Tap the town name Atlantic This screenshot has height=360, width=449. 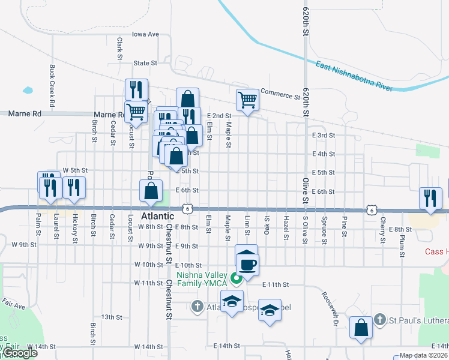[x=157, y=215]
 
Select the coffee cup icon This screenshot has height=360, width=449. [x=247, y=263]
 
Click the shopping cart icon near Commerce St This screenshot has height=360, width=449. [x=247, y=100]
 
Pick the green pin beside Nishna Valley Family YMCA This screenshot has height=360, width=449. [x=237, y=278]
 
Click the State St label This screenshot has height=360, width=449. [x=145, y=62]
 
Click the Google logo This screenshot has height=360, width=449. [x=19, y=353]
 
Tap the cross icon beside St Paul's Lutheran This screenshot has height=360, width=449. [x=379, y=319]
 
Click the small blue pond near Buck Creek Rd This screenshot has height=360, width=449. [x=28, y=91]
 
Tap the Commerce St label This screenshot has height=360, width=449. [x=280, y=95]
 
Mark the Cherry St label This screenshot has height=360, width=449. [x=382, y=233]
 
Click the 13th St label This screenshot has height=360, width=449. [x=112, y=317]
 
